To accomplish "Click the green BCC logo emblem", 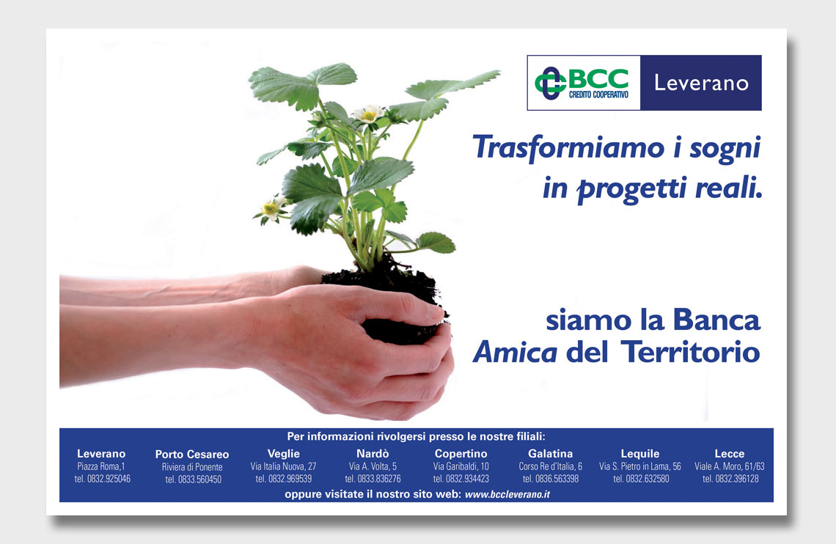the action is [550, 83].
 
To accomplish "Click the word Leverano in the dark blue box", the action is [701, 83].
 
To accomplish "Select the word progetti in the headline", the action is [633, 189].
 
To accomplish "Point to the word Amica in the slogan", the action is [515, 352].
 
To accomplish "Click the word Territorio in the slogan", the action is [691, 352].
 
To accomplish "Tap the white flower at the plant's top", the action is [368, 113].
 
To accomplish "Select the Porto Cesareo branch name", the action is [192, 455].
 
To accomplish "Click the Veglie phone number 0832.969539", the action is [284, 479].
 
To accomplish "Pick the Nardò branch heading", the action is [373, 453].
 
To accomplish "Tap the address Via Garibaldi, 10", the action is [461, 466].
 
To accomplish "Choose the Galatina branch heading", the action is [550, 453].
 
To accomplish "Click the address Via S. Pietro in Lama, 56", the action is [639, 466].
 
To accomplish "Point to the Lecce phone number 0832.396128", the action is [730, 479].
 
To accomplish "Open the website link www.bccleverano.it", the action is [507, 494].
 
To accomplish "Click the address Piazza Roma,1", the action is [101, 466].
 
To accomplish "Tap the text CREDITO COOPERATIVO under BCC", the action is [598, 95].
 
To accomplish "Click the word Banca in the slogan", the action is [716, 320].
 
